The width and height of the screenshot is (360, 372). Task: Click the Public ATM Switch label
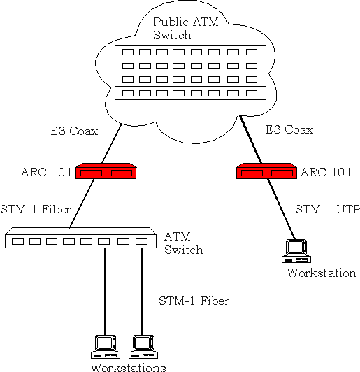tap(185, 29)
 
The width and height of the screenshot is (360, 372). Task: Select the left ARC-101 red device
tap(106, 171)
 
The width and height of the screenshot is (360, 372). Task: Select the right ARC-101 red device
tap(266, 171)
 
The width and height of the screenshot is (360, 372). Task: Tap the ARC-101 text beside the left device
tap(46, 172)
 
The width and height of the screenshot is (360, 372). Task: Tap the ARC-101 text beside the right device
tap(326, 172)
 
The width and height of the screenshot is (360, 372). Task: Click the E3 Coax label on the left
tap(74, 131)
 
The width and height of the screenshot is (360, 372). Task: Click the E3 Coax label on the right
tap(289, 129)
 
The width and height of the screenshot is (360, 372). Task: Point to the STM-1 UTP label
tap(328, 209)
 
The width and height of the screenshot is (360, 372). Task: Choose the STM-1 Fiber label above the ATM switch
tap(36, 209)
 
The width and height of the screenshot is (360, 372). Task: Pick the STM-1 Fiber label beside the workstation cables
tap(194, 301)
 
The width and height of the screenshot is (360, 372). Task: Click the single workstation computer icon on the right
tap(296, 251)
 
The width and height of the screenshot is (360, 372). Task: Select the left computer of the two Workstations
tap(106, 347)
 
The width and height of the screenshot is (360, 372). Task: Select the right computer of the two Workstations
tap(143, 347)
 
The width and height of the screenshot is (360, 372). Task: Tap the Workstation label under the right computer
tap(322, 273)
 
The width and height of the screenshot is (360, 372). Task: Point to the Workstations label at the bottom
tap(129, 367)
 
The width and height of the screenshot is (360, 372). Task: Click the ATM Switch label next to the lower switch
tap(184, 243)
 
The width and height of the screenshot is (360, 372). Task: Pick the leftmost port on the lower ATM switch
tap(17, 241)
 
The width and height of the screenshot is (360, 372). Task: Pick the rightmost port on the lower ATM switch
tap(142, 241)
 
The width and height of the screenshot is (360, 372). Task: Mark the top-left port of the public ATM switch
tap(128, 52)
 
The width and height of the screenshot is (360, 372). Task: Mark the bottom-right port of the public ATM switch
tap(252, 93)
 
